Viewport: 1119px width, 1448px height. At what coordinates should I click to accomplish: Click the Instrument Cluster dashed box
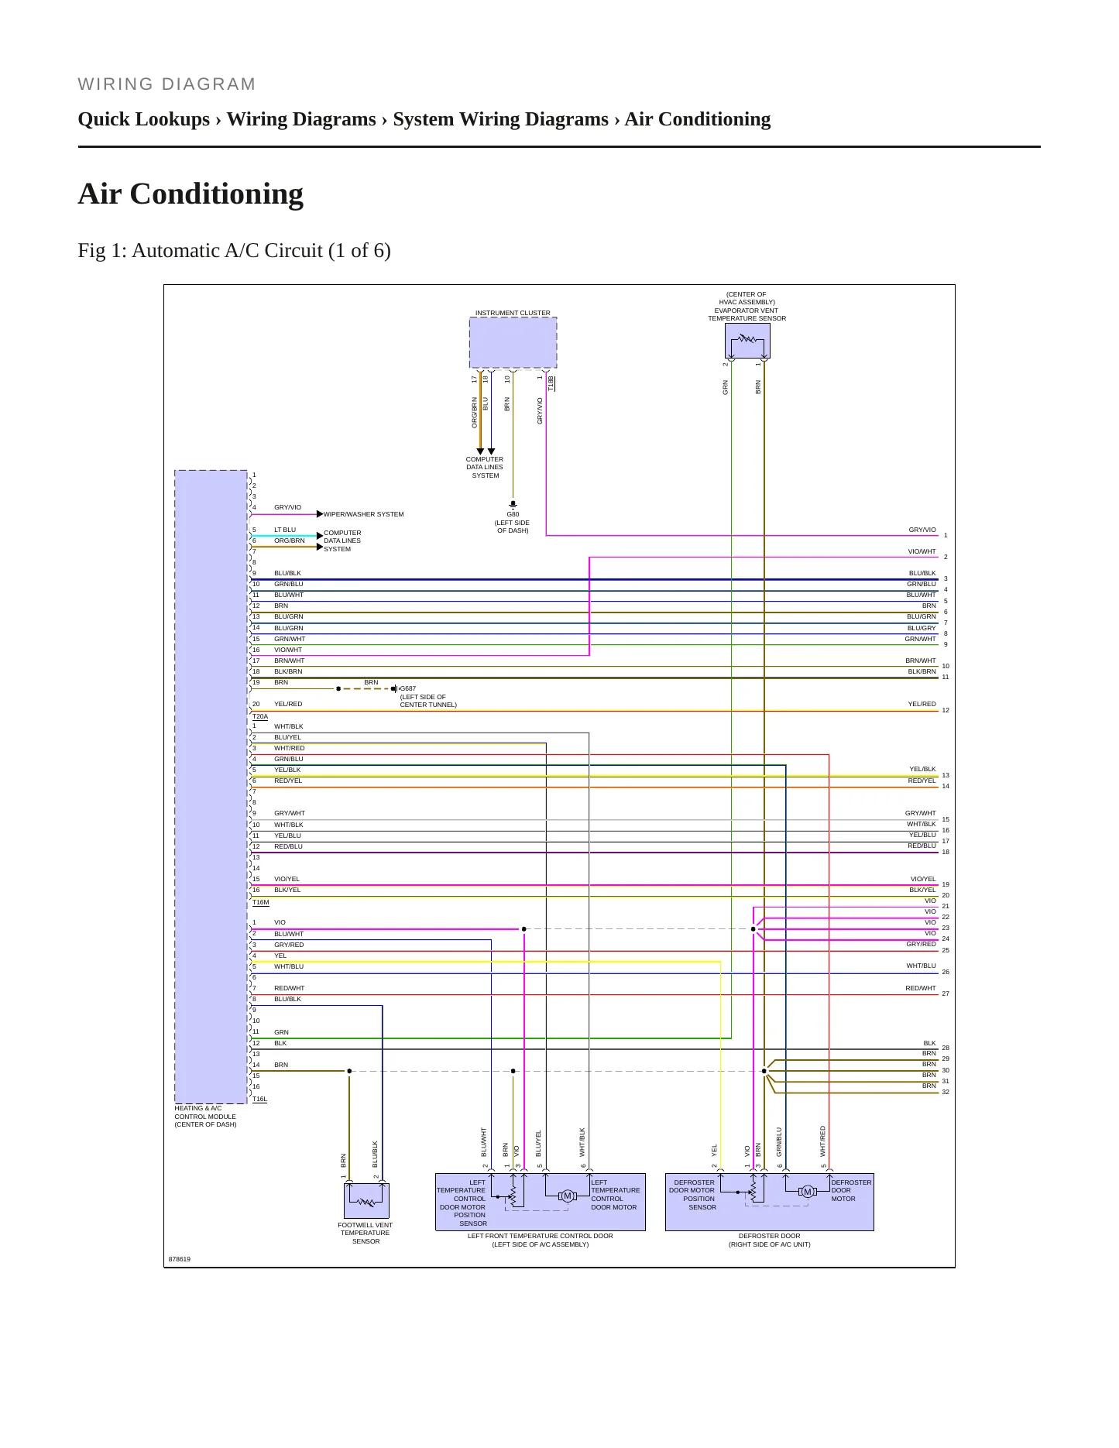coord(513,342)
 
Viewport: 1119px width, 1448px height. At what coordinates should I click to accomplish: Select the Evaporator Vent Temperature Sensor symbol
coord(747,341)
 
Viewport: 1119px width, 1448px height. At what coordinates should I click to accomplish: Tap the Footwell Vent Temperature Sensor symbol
coord(366,1201)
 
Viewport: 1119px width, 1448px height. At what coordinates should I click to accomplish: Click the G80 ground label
coord(513,514)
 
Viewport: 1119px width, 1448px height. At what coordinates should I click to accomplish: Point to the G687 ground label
coord(408,688)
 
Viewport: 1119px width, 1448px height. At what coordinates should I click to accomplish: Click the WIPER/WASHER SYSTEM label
coord(363,514)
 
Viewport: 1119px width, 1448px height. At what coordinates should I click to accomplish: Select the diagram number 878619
coord(180,1259)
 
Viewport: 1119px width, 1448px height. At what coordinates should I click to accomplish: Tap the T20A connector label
coord(260,717)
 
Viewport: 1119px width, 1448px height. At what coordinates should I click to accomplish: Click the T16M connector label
coord(261,902)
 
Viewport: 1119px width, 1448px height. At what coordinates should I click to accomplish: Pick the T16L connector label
coord(259,1099)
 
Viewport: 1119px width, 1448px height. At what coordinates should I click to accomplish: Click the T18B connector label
coord(551,383)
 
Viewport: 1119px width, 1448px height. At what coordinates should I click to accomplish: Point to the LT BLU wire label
coord(285,530)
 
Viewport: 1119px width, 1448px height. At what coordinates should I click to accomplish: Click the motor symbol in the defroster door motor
coord(808,1192)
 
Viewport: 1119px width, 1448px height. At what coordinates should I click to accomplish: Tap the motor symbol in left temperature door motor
coord(568,1196)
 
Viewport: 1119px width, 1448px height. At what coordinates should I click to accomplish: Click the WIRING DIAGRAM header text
coord(166,84)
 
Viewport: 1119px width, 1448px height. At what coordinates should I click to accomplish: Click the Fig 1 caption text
coord(234,250)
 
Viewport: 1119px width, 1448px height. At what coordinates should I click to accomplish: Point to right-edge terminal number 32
coord(946,1092)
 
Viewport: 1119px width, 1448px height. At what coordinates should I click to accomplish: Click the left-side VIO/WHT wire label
coord(288,650)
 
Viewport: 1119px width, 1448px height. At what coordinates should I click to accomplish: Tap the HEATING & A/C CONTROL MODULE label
coord(205,1116)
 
